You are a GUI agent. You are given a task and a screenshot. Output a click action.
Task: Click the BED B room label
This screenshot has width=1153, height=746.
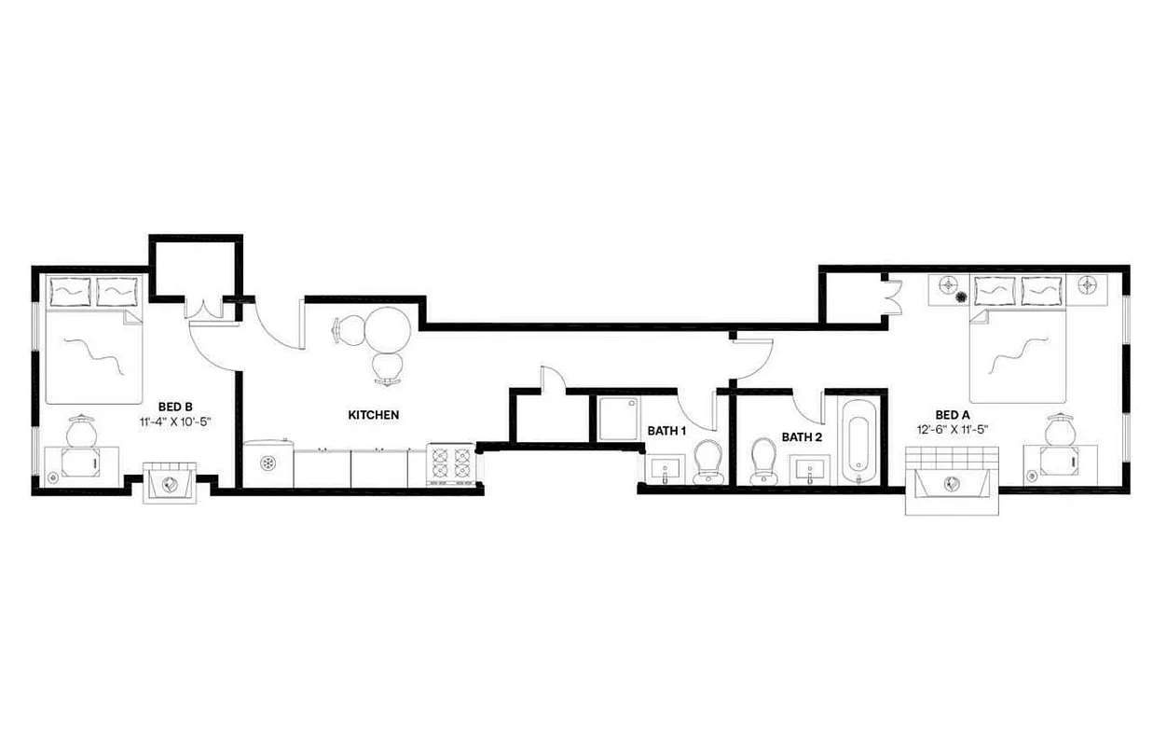click(x=175, y=406)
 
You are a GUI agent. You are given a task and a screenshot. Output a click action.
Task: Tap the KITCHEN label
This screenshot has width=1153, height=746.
click(x=373, y=415)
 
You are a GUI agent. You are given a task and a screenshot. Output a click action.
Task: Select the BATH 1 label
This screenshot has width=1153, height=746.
click(x=666, y=431)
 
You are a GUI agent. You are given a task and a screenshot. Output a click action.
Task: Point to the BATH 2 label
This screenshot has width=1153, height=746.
click(x=801, y=436)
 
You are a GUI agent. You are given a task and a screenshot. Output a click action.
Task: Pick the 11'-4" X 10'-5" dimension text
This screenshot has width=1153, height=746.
click(x=175, y=421)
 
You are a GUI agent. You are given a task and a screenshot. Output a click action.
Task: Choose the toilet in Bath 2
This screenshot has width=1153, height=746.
click(x=763, y=459)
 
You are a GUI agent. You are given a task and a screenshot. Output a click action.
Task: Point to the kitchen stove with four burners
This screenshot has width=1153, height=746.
click(x=452, y=463)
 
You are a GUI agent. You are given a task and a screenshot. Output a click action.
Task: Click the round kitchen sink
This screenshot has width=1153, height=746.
click(x=268, y=462)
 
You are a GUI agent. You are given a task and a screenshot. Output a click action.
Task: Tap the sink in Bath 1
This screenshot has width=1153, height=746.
click(x=666, y=471)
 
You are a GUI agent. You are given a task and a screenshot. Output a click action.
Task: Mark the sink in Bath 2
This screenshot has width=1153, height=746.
click(x=810, y=471)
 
